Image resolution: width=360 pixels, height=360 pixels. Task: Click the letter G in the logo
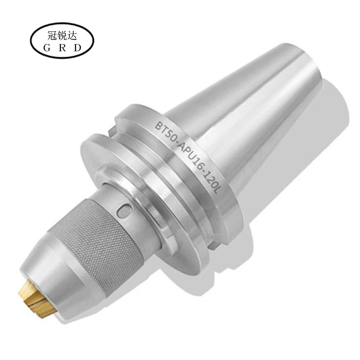click(47, 48)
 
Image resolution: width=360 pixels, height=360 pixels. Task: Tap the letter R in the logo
click(62, 48)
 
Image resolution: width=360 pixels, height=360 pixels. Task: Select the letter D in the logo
click(77, 48)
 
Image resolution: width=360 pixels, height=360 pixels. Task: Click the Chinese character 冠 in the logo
click(52, 36)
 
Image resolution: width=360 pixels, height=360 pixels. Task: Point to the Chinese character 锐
click(62, 36)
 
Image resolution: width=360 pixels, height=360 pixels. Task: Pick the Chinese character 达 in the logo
click(72, 36)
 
